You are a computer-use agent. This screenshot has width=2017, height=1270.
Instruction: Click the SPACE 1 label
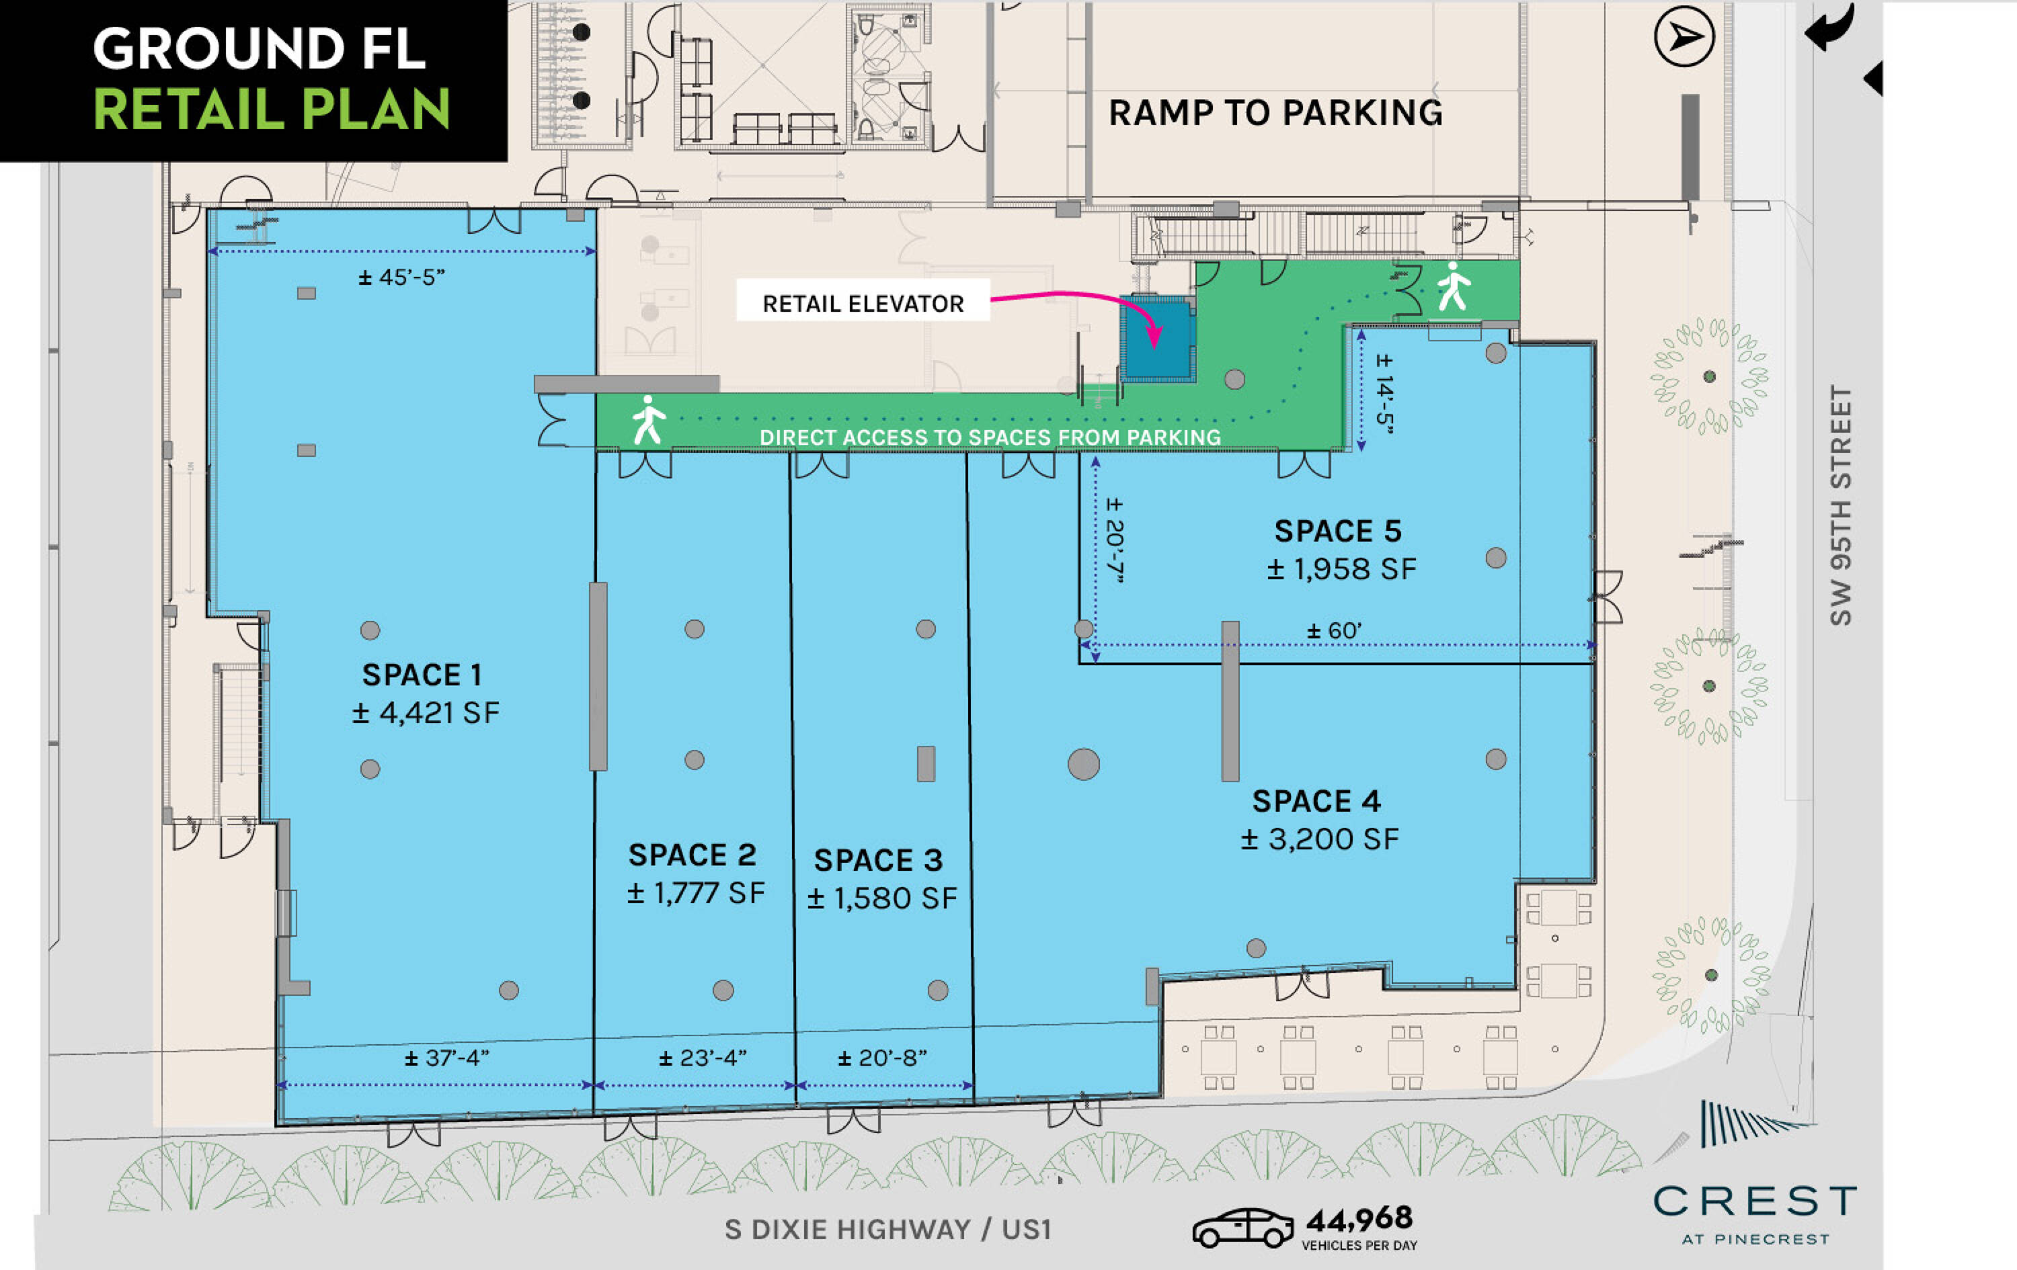point(422,675)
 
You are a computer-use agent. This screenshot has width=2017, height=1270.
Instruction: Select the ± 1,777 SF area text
point(696,893)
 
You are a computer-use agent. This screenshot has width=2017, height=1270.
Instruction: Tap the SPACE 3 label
point(878,860)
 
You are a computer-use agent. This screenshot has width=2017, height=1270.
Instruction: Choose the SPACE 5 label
point(1338,531)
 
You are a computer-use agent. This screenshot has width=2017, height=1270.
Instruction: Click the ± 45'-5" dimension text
point(401,277)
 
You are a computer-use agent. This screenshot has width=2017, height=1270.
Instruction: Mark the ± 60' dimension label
point(1335,630)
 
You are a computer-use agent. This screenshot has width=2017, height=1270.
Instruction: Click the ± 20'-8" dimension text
point(882,1058)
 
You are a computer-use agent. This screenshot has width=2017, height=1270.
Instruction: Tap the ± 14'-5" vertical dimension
point(1384,394)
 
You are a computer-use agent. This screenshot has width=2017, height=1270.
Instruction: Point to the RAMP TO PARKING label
point(1275,113)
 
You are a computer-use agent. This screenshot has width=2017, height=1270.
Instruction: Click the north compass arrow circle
point(1684,37)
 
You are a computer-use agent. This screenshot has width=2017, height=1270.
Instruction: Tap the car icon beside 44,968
point(1243,1228)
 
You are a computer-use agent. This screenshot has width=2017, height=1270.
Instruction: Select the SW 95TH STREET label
point(1840,506)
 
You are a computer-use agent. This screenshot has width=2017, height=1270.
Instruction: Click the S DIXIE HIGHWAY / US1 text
point(888,1229)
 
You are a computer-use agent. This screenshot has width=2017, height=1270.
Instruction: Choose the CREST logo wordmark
point(1755,1201)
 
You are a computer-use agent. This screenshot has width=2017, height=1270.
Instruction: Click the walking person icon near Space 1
point(648,420)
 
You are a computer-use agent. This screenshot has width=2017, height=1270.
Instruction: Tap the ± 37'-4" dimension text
point(446,1058)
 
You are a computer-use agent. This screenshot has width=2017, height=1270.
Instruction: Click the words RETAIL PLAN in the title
point(272,110)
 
